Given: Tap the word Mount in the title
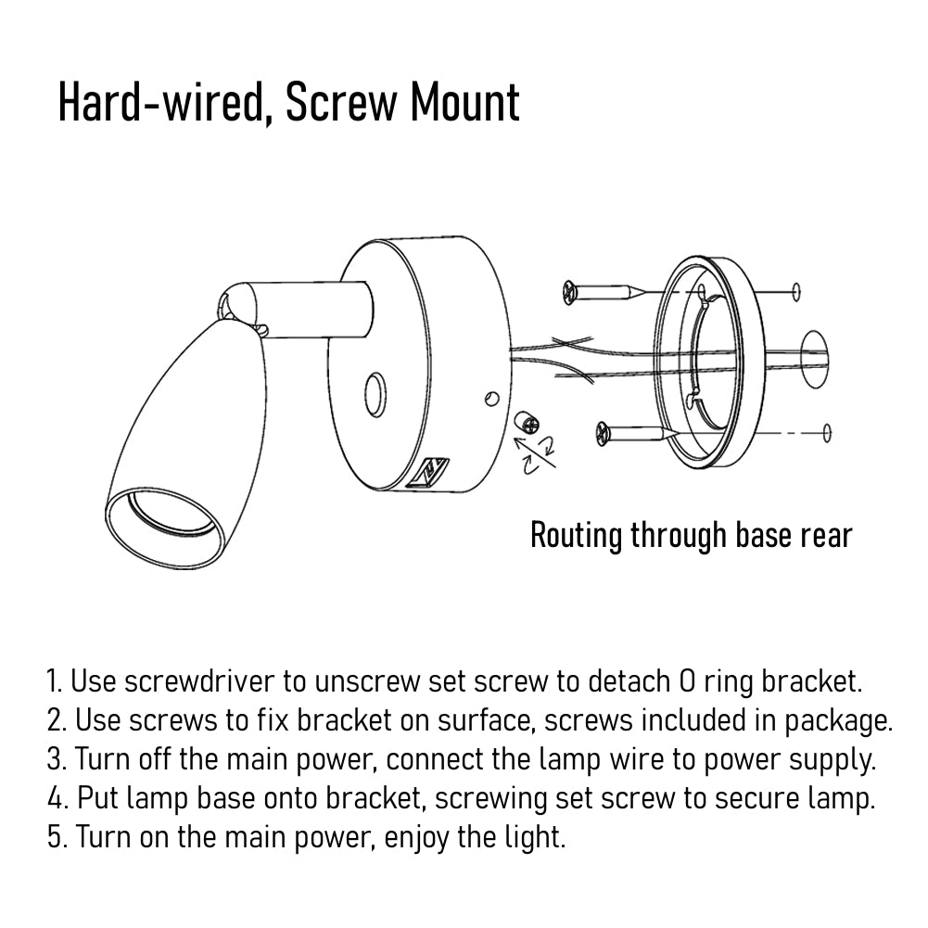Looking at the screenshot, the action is tap(464, 102).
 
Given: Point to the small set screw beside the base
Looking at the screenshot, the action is tap(527, 423).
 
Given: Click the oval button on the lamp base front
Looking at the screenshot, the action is tap(375, 395).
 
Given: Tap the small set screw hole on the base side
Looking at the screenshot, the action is tap(491, 399).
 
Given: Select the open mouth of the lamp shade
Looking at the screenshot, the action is tap(165, 521).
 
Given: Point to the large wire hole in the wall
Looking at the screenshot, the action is tap(814, 360).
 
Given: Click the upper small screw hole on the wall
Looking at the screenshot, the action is tap(796, 292).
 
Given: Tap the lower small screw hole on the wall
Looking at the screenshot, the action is tap(827, 433).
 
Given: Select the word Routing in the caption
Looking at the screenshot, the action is tap(577, 536).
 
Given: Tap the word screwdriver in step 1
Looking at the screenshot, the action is tap(199, 681).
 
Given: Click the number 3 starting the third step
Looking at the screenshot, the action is tap(55, 759).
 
